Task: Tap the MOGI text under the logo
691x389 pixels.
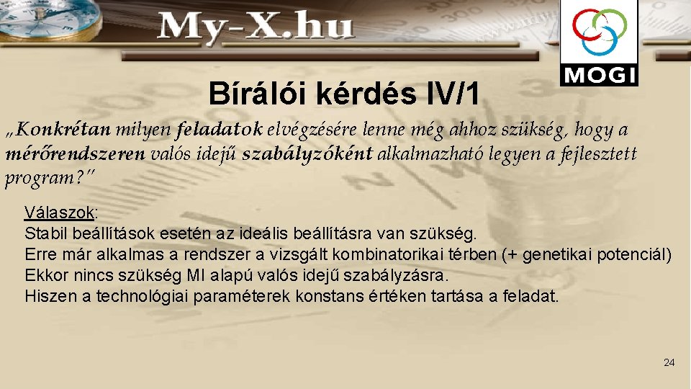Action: coord(598,75)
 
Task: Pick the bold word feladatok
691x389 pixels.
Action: coord(226,130)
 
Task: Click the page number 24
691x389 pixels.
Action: coord(669,362)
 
